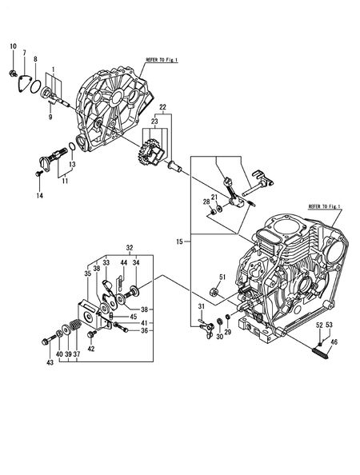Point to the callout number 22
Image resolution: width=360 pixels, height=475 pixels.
(x=162, y=107)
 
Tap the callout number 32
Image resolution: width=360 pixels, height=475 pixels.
(x=129, y=248)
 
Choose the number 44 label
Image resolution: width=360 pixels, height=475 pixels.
(x=123, y=262)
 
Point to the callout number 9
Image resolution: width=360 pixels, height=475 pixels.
(x=50, y=118)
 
